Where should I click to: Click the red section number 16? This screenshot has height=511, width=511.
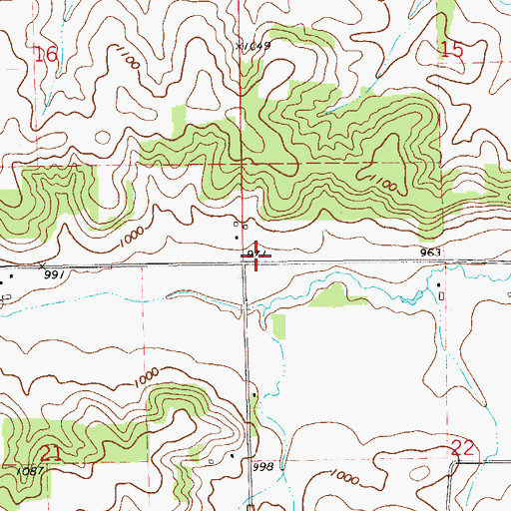coord(46,56)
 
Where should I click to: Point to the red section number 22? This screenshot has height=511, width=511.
coord(461,448)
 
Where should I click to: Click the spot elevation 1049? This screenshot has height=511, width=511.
coord(256,45)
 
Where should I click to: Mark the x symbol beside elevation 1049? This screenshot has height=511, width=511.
coord(240,45)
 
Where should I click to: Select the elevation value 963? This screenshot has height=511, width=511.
coord(430,254)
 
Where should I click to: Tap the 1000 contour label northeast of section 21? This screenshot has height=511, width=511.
coord(146,377)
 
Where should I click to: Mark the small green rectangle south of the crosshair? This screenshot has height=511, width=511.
coord(278,326)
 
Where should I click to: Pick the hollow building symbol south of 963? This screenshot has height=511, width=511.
coord(440,291)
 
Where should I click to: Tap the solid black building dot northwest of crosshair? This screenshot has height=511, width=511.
coord(237,238)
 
